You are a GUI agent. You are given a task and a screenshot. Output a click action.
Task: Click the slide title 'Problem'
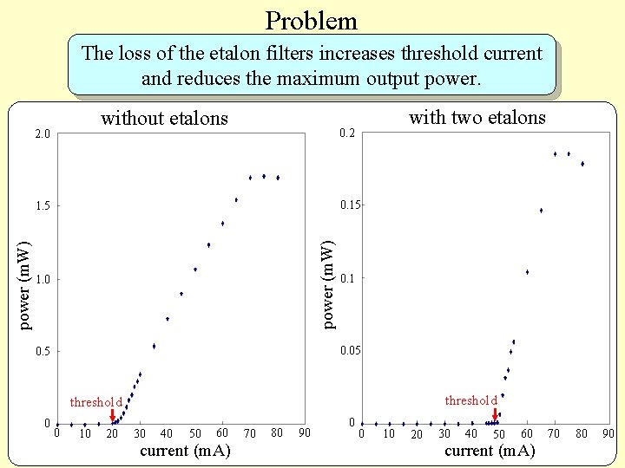(311, 20)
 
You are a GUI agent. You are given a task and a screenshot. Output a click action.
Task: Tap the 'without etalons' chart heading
(165, 118)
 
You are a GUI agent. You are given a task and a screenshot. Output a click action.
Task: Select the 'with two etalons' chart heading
(477, 117)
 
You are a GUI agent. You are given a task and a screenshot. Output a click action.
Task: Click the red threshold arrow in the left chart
(113, 415)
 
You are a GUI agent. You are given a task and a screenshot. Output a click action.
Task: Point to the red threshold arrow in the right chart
(495, 414)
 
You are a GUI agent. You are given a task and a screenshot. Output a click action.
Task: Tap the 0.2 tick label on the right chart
(346, 133)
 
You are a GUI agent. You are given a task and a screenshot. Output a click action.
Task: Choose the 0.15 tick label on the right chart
(350, 205)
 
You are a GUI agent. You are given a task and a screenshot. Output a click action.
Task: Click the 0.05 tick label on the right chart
(350, 351)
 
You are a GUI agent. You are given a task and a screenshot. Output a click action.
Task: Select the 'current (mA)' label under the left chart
(185, 451)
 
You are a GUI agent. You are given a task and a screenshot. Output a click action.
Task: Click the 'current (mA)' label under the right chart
(490, 451)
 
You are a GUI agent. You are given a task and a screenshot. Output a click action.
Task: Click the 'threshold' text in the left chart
(96, 402)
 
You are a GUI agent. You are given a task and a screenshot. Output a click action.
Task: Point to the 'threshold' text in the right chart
(470, 400)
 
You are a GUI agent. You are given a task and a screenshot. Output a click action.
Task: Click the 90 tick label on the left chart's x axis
(304, 432)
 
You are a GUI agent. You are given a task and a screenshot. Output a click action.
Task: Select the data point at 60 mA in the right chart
(527, 272)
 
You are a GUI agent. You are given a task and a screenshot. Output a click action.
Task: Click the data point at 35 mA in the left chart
(154, 346)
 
